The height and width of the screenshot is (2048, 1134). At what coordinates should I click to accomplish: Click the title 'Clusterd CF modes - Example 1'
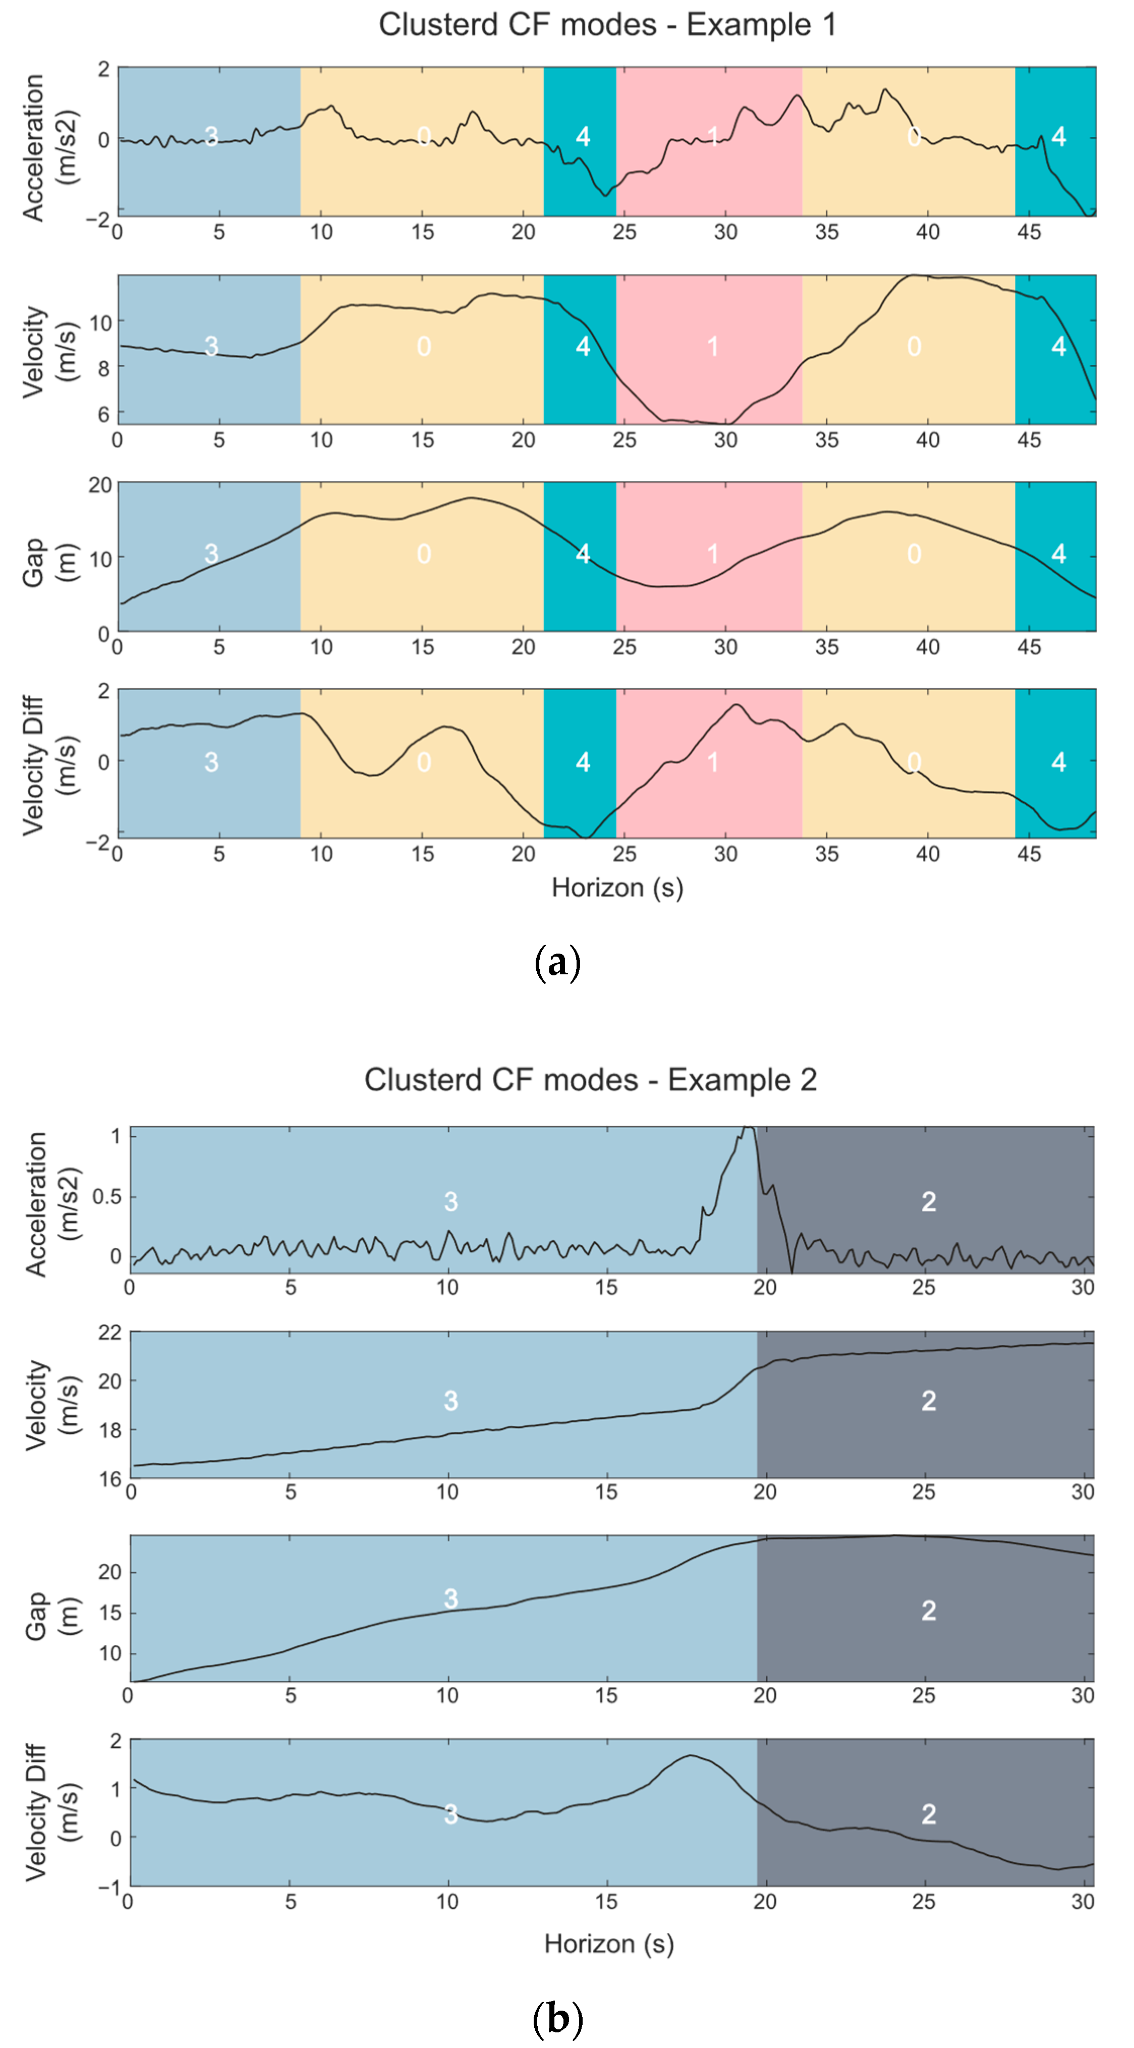(x=607, y=25)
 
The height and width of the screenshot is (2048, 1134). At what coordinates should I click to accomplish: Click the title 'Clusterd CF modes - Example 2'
(x=590, y=1080)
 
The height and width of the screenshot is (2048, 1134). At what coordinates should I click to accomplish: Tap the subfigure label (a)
(x=558, y=963)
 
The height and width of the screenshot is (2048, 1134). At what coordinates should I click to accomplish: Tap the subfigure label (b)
(x=558, y=2018)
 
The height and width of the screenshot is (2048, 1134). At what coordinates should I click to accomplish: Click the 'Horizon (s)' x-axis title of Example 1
(x=617, y=887)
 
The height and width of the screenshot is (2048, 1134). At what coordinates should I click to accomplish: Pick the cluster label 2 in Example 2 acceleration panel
(x=928, y=1201)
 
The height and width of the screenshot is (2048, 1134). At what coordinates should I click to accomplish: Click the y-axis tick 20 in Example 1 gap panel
(x=99, y=485)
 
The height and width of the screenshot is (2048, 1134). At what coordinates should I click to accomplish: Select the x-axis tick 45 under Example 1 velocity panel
(x=1028, y=439)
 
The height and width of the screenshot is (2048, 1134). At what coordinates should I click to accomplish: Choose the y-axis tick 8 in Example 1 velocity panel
(x=102, y=368)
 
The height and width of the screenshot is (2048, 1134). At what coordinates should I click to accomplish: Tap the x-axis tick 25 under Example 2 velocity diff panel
(x=924, y=1902)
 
